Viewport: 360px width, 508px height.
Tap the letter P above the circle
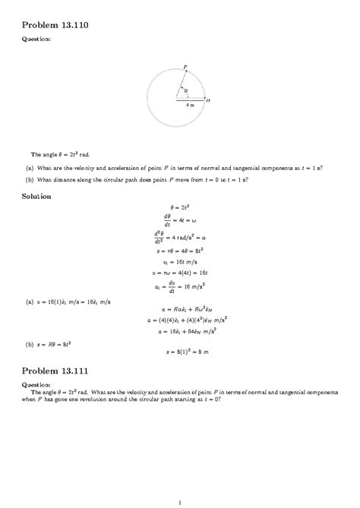184,66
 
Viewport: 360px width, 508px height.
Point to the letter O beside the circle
208,99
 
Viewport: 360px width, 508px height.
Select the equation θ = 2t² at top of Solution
179,207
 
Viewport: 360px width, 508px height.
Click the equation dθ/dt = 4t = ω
179,220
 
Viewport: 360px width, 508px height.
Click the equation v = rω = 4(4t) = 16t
179,272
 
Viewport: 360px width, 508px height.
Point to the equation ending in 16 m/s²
179,286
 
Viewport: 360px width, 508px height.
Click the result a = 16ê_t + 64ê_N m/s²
179,331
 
